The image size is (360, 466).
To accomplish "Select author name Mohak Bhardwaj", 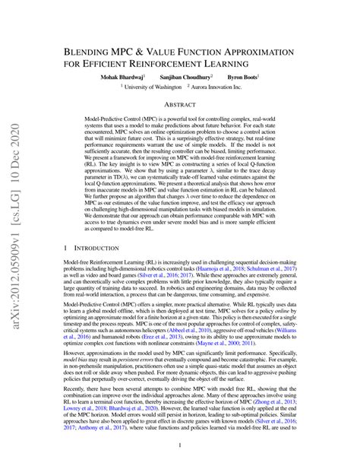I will click(123, 78).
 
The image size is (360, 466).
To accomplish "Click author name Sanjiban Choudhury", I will click(188, 78).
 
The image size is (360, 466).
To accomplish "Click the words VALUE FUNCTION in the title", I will click(199, 47).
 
